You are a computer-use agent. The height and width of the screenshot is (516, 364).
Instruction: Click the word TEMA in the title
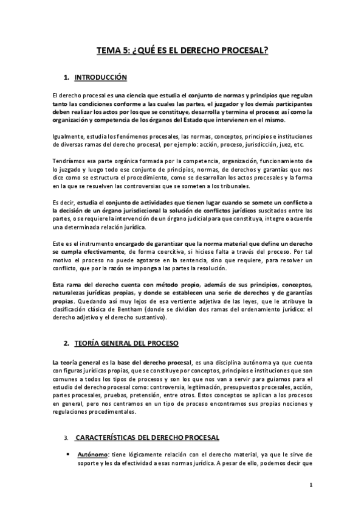109,52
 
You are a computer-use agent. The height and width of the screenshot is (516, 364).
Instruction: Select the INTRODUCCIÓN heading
100,78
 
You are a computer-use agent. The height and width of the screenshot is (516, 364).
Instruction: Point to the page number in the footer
311,485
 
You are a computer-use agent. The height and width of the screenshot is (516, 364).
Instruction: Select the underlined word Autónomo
92,454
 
